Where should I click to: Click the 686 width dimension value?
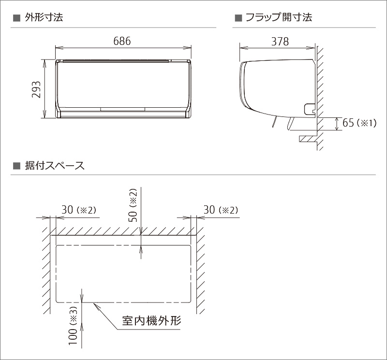pos(122,41)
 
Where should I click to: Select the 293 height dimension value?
pos(36,89)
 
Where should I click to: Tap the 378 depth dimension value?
pos(280,42)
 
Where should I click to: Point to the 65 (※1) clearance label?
pos(358,123)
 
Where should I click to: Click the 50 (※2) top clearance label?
pos(134,205)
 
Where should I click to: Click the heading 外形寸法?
pos(44,18)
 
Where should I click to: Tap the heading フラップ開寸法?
pos(278,18)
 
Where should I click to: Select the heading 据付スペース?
pos(55,166)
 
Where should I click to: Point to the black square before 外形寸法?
pos(15,18)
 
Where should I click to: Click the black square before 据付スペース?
pos(15,166)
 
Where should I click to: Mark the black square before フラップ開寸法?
pos(238,18)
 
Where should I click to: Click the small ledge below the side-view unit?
pos(307,139)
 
